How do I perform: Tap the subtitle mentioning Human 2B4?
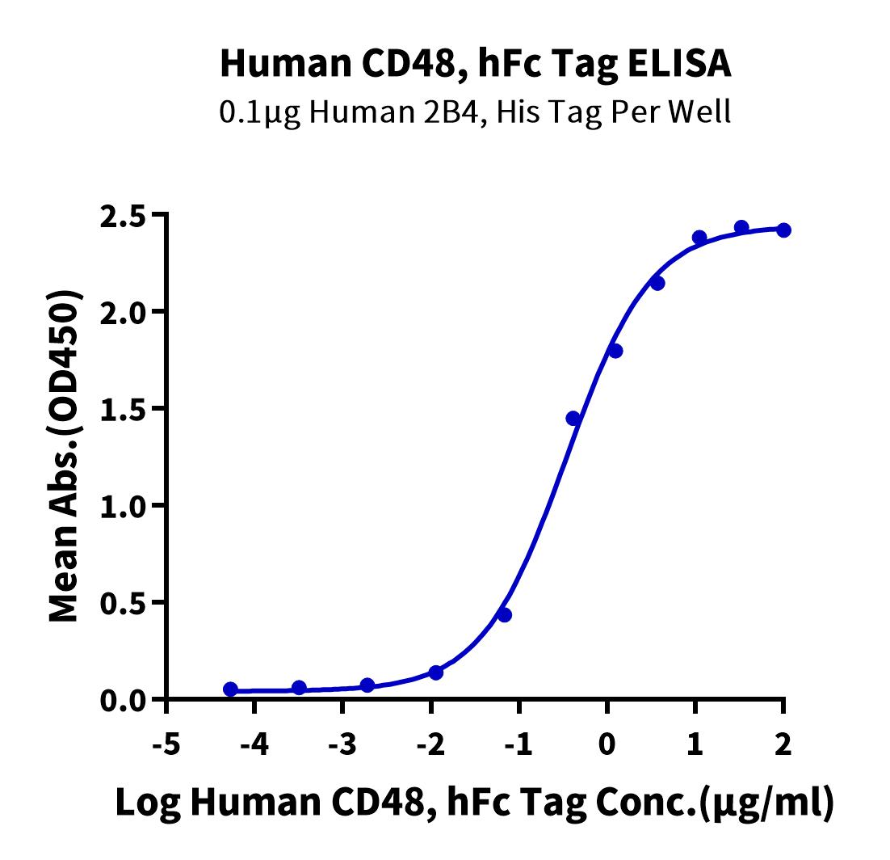476,111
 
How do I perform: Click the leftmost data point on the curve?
231,689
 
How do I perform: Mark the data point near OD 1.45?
573,418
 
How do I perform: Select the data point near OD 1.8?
615,351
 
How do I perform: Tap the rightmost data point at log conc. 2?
783,230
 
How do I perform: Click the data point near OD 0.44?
505,615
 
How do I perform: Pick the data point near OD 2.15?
657,283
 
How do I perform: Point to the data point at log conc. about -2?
436,672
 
